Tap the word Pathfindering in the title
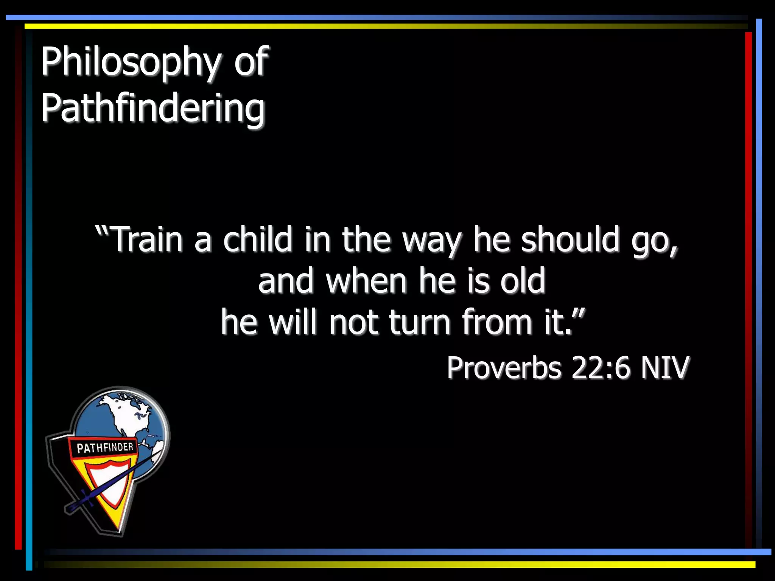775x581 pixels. click(x=153, y=109)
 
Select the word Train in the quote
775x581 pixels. click(x=148, y=239)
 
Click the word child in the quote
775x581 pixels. click(x=257, y=239)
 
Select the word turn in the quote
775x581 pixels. click(x=420, y=322)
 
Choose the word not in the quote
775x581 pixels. click(x=353, y=322)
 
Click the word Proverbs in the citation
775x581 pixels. click(x=504, y=368)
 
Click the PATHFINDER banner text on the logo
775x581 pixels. click(x=105, y=448)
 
